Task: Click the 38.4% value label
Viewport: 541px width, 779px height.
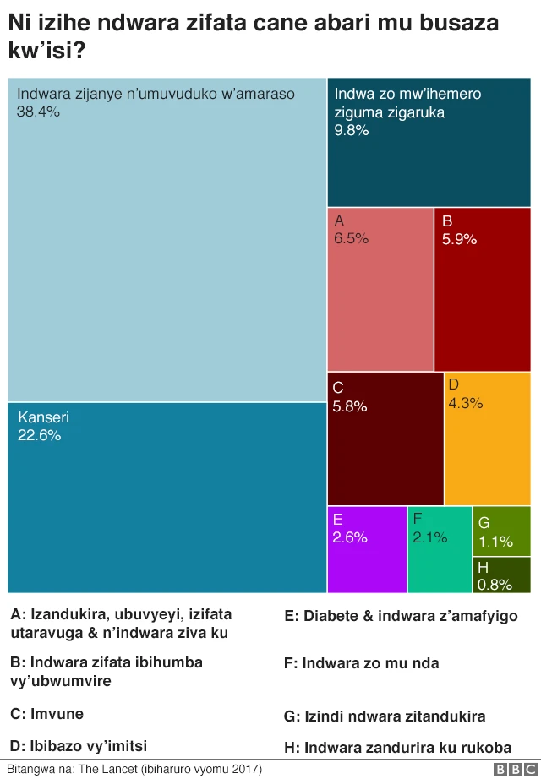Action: pyautogui.click(x=38, y=112)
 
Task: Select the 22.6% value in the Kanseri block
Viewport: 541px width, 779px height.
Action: pyautogui.click(x=39, y=436)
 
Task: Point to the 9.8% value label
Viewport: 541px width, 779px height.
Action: pyautogui.click(x=352, y=130)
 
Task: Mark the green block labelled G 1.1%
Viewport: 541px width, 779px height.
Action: pyautogui.click(x=501, y=531)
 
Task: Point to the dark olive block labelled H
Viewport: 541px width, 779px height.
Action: pyautogui.click(x=501, y=575)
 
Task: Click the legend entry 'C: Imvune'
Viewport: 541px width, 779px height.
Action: pyautogui.click(x=47, y=714)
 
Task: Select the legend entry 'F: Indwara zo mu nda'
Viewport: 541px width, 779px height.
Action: pyautogui.click(x=361, y=663)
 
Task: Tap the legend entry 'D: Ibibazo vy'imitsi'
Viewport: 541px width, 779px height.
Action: pyautogui.click(x=79, y=745)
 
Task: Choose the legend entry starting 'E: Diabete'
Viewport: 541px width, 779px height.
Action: pyautogui.click(x=401, y=616)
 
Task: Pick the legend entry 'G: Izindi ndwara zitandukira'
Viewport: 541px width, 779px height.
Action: pyautogui.click(x=385, y=716)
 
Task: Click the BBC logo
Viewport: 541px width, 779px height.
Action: pyautogui.click(x=512, y=769)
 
